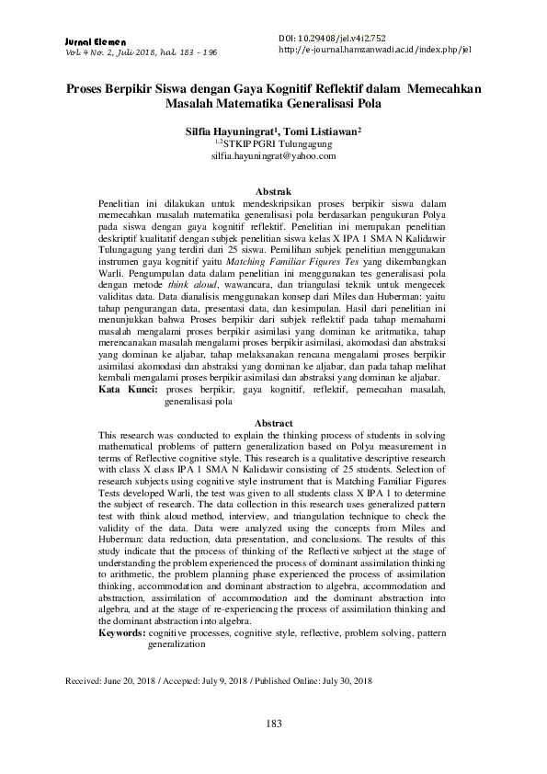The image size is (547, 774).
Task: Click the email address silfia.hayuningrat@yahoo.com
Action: click(x=273, y=157)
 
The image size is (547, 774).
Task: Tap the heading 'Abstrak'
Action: click(x=273, y=190)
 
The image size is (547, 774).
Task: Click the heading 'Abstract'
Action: click(x=273, y=423)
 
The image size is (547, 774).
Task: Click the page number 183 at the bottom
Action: click(x=273, y=724)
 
